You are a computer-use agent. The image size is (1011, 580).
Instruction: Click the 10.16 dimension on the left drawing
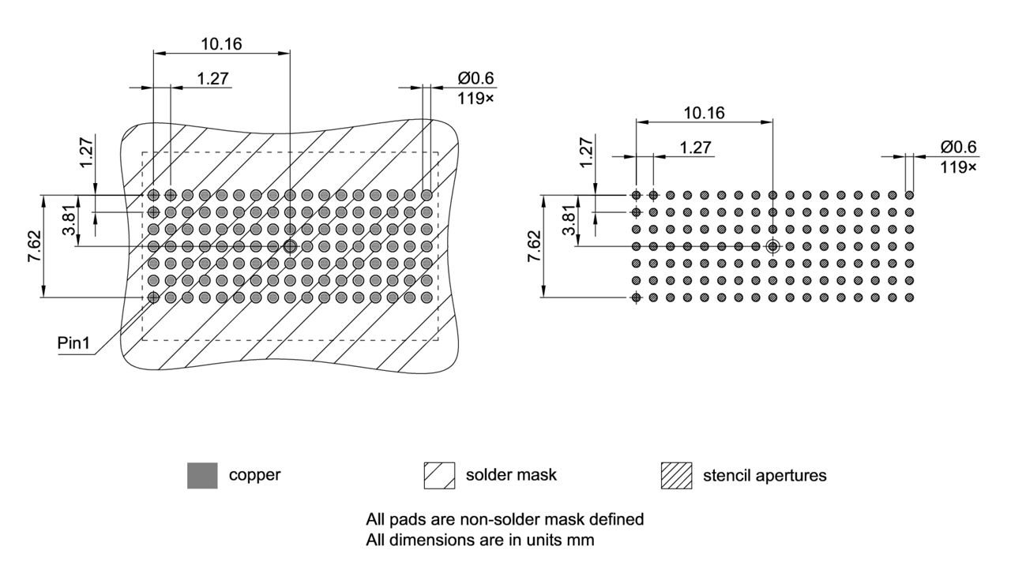pos(221,43)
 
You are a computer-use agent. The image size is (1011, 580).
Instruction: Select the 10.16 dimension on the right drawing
pos(704,113)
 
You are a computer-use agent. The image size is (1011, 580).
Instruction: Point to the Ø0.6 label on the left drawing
pos(475,79)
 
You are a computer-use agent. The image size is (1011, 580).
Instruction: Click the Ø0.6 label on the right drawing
pos(958,148)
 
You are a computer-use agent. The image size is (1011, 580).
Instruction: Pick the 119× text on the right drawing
pos(958,167)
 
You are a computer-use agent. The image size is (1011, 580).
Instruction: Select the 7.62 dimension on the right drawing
pos(535,246)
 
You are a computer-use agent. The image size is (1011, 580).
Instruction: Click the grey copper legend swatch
pos(202,476)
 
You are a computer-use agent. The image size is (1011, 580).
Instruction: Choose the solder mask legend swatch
pos(439,476)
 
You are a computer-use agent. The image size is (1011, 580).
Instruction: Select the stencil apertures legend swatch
pos(676,476)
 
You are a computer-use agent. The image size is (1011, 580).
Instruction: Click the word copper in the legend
pos(254,475)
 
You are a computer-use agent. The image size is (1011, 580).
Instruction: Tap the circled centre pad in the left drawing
pos(290,246)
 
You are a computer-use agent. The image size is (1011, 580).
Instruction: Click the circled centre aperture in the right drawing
pos(772,246)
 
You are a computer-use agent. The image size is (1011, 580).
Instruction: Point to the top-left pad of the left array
pos(153,195)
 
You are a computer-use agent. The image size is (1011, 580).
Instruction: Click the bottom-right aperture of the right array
pos(909,297)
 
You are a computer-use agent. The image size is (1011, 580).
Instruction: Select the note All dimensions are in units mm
pos(479,541)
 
